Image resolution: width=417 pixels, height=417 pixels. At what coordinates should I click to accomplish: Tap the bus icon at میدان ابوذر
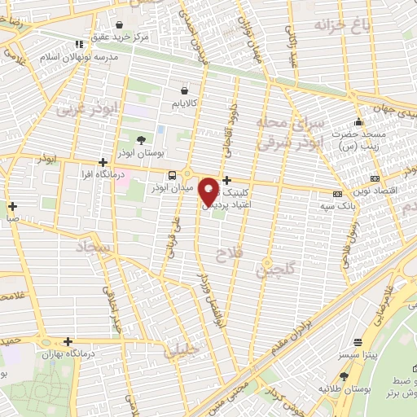pyautogui.click(x=172, y=175)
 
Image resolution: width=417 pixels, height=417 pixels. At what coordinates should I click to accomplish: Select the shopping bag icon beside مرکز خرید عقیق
pyautogui.click(x=121, y=25)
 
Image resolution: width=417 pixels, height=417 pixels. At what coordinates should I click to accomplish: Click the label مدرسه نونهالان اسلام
pyautogui.click(x=85, y=57)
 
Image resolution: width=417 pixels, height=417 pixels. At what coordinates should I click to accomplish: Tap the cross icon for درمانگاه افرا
pyautogui.click(x=102, y=162)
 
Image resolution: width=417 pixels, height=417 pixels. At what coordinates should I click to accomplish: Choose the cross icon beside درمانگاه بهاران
pyautogui.click(x=68, y=342)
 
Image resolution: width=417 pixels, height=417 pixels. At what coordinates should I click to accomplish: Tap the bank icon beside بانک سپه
pyautogui.click(x=337, y=194)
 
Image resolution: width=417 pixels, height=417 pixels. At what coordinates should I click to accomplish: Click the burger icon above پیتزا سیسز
pyautogui.click(x=358, y=343)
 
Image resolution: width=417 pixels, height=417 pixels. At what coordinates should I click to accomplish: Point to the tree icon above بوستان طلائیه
pyautogui.click(x=343, y=376)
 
